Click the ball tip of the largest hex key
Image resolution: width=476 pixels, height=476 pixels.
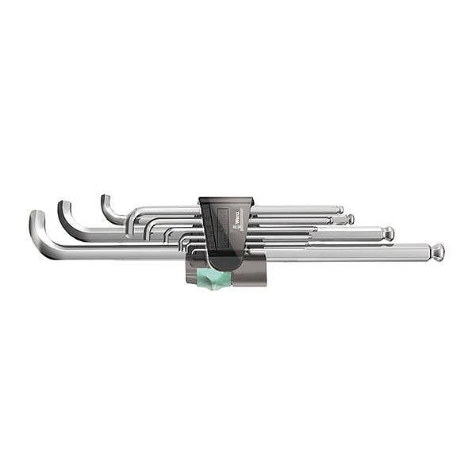pyautogui.click(x=437, y=251)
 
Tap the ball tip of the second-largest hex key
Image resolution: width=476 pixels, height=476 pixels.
pyautogui.click(x=387, y=233)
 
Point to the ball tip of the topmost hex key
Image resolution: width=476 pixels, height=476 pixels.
pyautogui.click(x=340, y=210)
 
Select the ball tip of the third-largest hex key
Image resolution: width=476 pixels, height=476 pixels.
pyautogui.click(x=349, y=219)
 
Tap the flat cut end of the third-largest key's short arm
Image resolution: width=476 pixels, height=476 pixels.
pyautogui.click(x=104, y=197)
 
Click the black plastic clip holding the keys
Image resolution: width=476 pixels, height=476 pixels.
pyautogui.click(x=226, y=230)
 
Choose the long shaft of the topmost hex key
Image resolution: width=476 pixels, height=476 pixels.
pyautogui.click(x=294, y=210)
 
